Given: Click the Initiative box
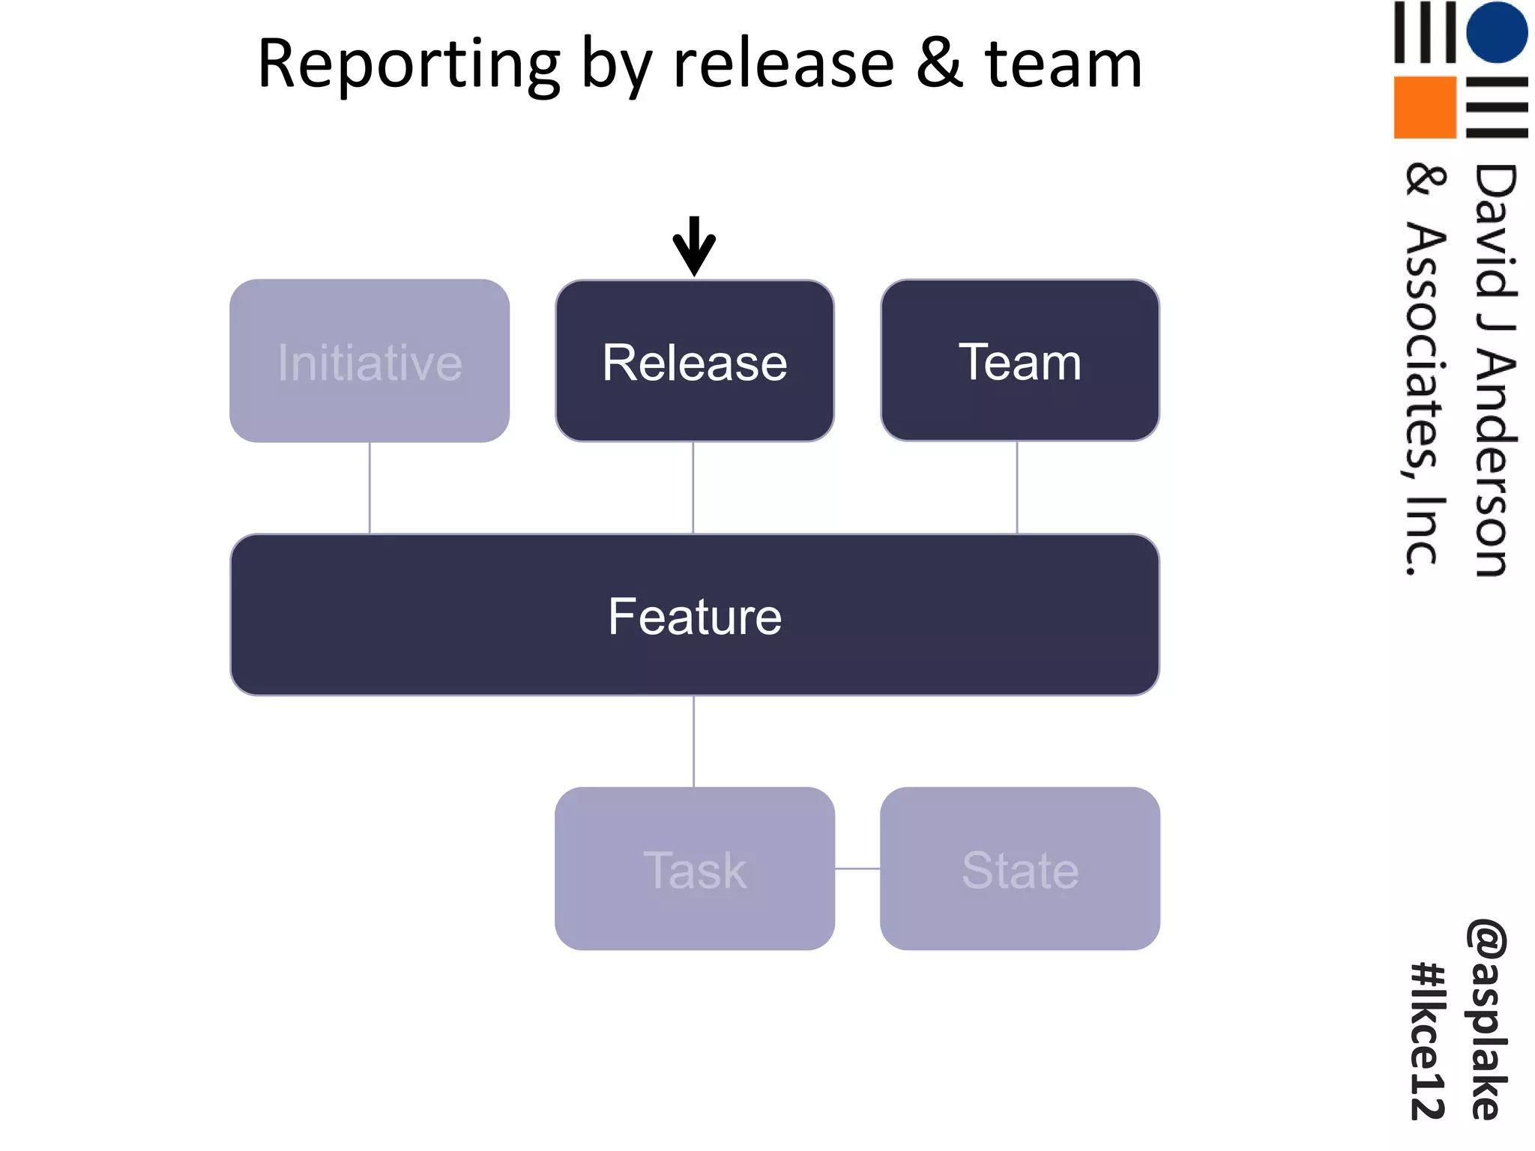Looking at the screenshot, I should click(370, 361).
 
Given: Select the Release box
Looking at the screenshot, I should click(694, 361).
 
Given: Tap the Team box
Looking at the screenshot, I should click(1019, 361).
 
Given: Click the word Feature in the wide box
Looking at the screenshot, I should click(695, 616).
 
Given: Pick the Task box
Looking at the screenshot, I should click(694, 869).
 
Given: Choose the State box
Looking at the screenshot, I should click(1019, 869).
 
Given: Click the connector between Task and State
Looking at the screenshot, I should click(857, 869).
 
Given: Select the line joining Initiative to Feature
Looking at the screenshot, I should click(370, 487).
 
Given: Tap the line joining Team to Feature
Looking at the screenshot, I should click(1017, 487).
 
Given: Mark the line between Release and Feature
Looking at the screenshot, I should click(693, 487).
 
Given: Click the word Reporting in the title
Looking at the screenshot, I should click(408, 66).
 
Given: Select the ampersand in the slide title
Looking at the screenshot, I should click(939, 63).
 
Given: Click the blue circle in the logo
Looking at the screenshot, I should click(1497, 31).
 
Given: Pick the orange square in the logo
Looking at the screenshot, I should click(1425, 107).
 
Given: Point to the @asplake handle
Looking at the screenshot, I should click(1487, 1019).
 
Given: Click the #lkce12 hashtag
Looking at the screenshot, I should click(1427, 1042).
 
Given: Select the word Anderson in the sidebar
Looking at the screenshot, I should click(1493, 465).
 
